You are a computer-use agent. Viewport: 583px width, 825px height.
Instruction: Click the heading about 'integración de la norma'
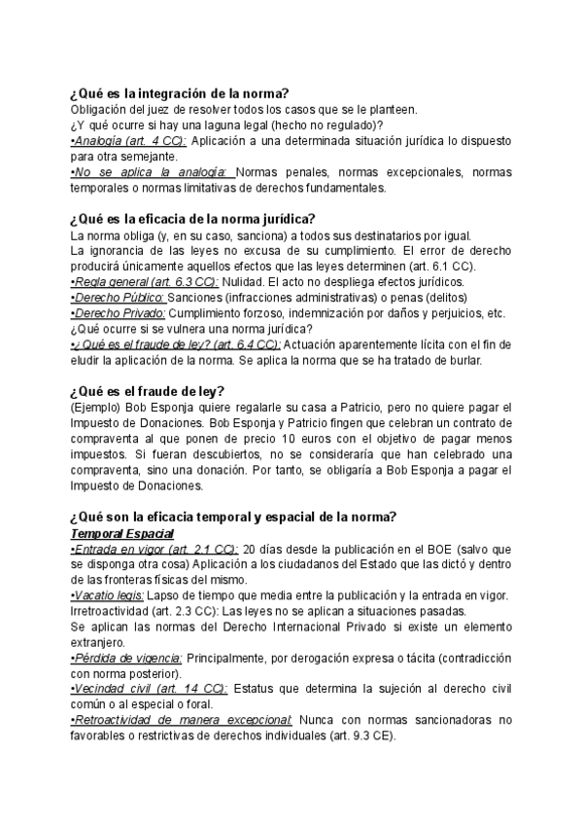[x=179, y=92]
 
